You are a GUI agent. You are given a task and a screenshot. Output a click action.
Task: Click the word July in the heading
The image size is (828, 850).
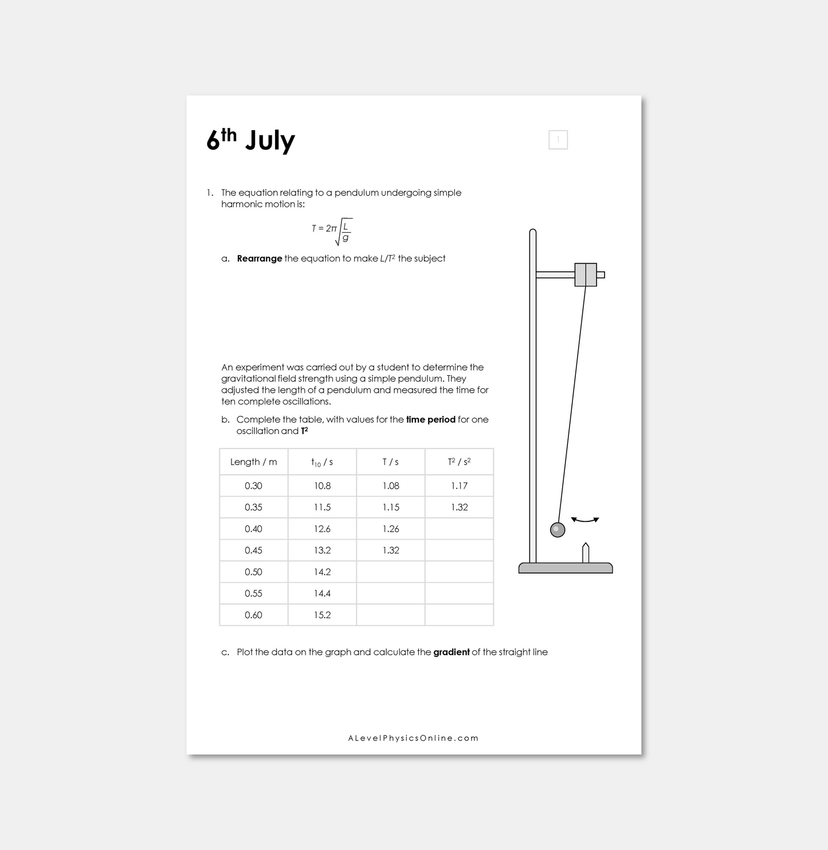coord(270,141)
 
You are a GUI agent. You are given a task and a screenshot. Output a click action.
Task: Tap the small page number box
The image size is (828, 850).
coord(558,140)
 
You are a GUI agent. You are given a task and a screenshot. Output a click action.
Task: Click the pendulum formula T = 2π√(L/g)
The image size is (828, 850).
coord(332,230)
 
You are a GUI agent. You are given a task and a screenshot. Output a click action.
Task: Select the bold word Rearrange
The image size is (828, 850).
coord(260,259)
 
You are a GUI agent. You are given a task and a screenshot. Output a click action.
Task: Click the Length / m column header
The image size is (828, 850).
coord(253,462)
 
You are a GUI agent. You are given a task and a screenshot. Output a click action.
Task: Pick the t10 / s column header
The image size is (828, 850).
coord(322,462)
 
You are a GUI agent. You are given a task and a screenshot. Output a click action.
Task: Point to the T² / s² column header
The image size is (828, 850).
coord(459,462)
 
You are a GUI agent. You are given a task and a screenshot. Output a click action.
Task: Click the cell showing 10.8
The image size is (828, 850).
coord(322,486)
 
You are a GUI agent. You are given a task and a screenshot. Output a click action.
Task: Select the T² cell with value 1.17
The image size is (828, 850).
coord(459,486)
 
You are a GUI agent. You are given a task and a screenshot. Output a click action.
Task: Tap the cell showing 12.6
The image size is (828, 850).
coord(322,529)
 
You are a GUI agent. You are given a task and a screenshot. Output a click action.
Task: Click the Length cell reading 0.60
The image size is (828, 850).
coord(253,615)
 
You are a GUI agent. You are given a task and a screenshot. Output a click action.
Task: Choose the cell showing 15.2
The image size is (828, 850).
coord(322,615)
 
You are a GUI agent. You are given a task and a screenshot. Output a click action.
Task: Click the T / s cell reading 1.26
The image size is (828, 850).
coord(391,529)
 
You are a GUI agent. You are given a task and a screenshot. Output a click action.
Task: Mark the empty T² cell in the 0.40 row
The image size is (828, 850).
coord(459,529)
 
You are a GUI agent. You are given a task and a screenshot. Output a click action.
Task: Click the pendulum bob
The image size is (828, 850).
coord(558,529)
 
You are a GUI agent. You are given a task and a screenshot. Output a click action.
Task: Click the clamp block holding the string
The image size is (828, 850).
coord(586,275)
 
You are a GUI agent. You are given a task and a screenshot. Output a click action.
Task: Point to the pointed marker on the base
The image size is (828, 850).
coord(586,553)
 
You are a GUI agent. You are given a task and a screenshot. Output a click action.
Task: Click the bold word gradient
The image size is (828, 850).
coord(452,652)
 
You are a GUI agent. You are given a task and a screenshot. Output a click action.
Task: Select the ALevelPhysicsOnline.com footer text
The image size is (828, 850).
coord(413,738)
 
